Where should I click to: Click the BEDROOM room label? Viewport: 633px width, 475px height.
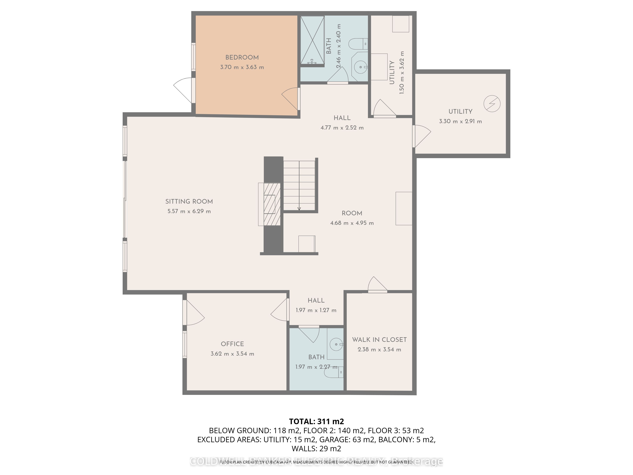tap(242, 57)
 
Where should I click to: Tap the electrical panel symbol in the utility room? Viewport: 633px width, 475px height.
tap(492, 104)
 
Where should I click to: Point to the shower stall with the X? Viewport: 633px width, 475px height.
tap(312, 40)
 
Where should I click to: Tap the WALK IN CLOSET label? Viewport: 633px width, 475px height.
tap(379, 340)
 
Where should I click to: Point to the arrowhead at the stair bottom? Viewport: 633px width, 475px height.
tap(299, 209)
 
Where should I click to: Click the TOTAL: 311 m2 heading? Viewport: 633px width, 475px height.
tap(316, 421)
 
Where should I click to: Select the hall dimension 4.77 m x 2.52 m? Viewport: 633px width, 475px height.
tap(342, 128)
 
